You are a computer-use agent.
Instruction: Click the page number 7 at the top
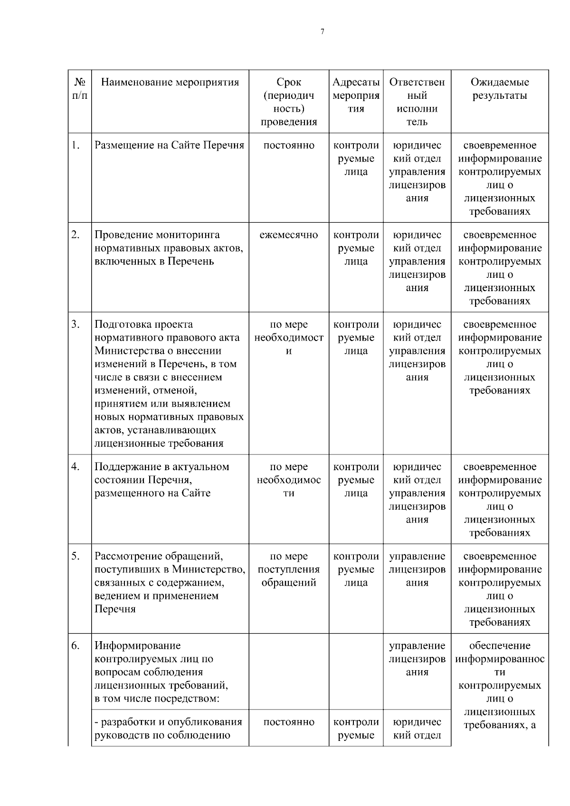pyautogui.click(x=323, y=32)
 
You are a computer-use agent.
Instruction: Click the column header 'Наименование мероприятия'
pyautogui.click(x=170, y=82)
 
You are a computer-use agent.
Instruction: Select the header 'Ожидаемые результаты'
pyautogui.click(x=500, y=89)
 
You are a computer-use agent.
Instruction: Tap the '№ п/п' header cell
pyautogui.click(x=80, y=89)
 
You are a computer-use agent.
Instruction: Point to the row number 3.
pyautogui.click(x=76, y=324)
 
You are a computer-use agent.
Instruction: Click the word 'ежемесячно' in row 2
pyautogui.click(x=289, y=235)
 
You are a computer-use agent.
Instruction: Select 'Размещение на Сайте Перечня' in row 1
pyautogui.click(x=170, y=145)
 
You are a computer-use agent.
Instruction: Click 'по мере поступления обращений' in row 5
pyautogui.click(x=289, y=569)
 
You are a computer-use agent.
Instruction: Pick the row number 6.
pyautogui.click(x=76, y=646)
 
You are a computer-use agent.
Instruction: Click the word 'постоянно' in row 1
pyautogui.click(x=289, y=145)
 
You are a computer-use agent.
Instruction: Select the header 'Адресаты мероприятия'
pyautogui.click(x=356, y=95)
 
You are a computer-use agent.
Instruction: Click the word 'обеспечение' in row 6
pyautogui.click(x=500, y=646)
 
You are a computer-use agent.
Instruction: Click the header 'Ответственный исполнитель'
pyautogui.click(x=417, y=102)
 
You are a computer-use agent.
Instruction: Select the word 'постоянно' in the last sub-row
pyautogui.click(x=289, y=722)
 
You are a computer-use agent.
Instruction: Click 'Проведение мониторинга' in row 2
pyautogui.click(x=157, y=235)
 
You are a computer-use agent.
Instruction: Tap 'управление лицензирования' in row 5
pyautogui.click(x=417, y=569)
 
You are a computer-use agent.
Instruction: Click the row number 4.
pyautogui.click(x=76, y=467)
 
